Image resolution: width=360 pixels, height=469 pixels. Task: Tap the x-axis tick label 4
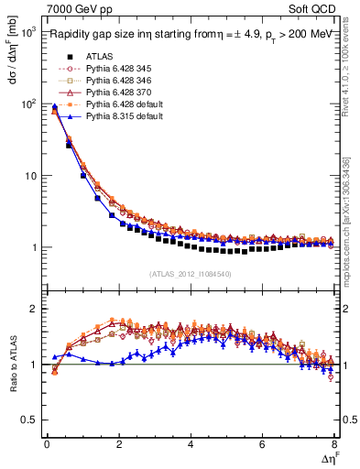coord(191,445)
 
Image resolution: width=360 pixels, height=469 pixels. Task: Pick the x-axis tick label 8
coord(334,445)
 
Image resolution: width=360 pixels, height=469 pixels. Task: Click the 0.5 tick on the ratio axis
coord(30,420)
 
